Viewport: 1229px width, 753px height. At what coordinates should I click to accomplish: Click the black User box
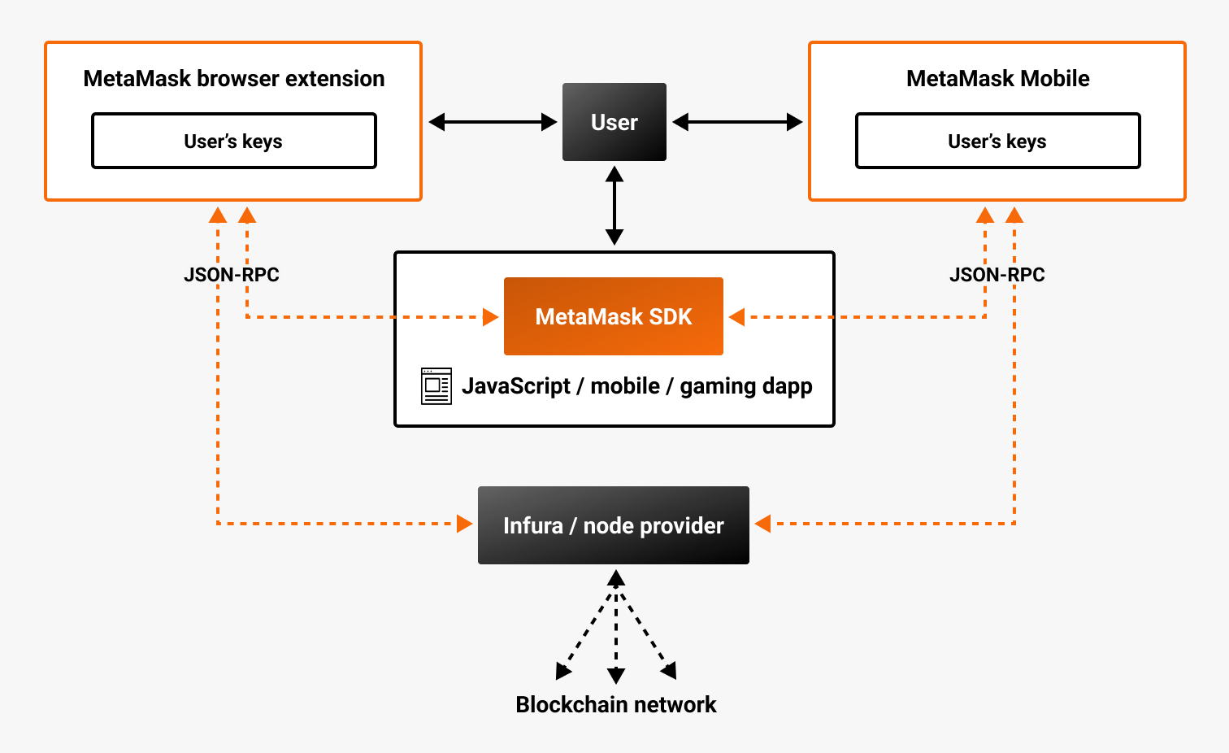click(614, 122)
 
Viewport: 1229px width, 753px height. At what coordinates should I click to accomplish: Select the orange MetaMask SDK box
click(614, 316)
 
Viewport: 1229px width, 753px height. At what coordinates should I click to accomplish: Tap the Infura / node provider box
click(614, 525)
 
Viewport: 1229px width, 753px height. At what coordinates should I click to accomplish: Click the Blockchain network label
click(616, 704)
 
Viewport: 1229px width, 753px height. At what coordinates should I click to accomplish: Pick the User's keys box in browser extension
click(234, 141)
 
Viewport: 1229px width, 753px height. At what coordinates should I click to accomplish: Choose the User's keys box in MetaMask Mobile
click(997, 141)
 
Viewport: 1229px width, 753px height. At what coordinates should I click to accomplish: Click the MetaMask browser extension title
click(234, 79)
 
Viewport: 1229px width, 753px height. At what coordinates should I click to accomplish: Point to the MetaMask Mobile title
click(997, 79)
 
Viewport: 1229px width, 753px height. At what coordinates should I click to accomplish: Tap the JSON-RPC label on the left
click(232, 275)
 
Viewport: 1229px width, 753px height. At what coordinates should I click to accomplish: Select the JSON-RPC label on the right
click(997, 275)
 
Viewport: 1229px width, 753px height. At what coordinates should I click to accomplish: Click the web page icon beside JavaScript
click(436, 386)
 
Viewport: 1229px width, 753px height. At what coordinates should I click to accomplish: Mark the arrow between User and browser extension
click(493, 122)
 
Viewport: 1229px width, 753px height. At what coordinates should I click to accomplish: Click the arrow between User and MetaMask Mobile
click(737, 122)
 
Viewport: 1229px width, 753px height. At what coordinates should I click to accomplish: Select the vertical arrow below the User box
click(614, 206)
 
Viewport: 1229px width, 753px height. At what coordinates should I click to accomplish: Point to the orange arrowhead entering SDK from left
click(490, 316)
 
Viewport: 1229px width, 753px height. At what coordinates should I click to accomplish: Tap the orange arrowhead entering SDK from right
click(737, 316)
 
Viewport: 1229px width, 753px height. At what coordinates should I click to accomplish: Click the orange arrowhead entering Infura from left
click(465, 524)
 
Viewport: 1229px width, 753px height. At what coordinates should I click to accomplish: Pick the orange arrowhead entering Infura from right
click(762, 524)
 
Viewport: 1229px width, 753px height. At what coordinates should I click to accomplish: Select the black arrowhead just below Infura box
click(616, 578)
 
